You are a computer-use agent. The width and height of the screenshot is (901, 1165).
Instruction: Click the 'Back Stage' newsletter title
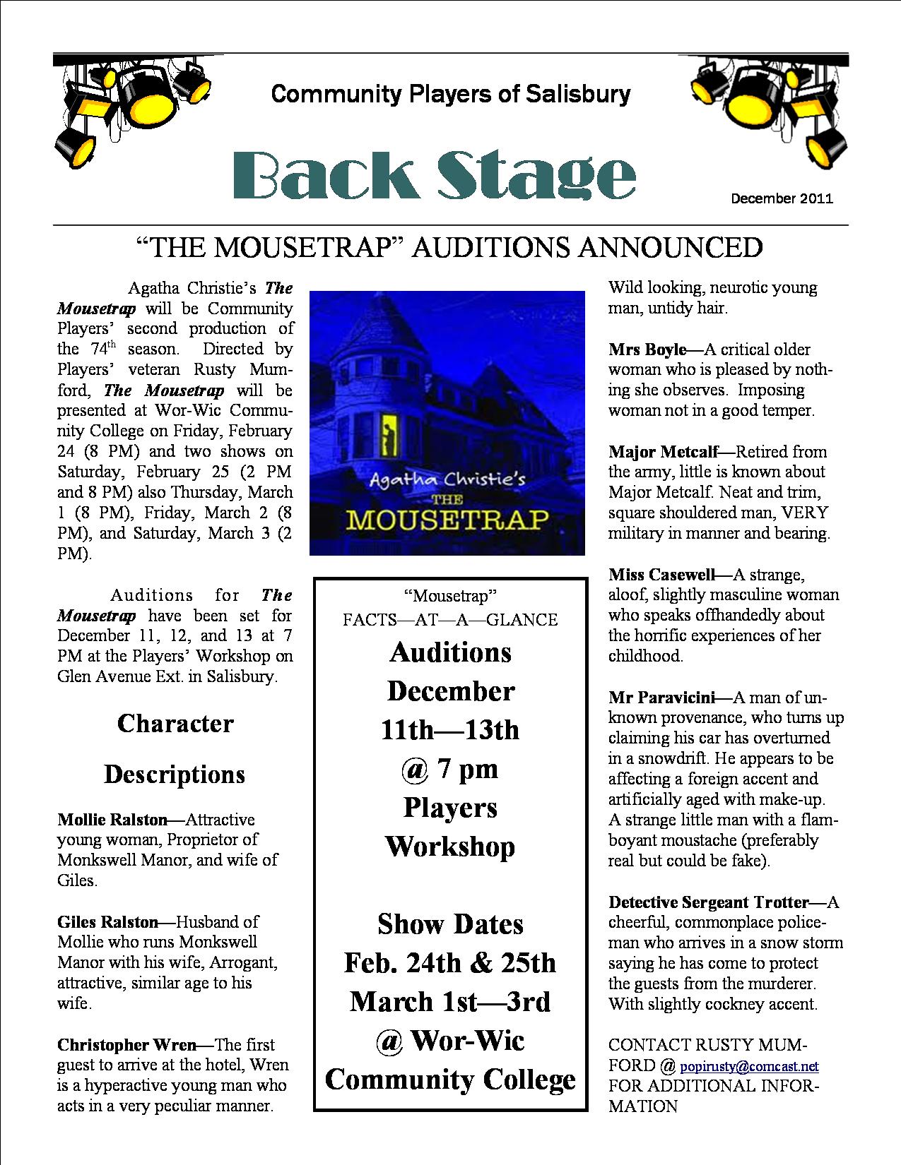(x=434, y=174)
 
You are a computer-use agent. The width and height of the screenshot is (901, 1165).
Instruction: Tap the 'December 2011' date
(x=782, y=198)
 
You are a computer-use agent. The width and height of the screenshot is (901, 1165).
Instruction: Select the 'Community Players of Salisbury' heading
(x=451, y=93)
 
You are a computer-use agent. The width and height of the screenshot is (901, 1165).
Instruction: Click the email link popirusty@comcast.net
(x=748, y=1066)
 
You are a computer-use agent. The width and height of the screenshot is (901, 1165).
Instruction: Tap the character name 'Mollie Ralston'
(x=112, y=820)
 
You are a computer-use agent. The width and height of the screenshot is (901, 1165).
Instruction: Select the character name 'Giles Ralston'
(x=107, y=921)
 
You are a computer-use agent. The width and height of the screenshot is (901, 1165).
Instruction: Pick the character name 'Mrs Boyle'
(x=647, y=349)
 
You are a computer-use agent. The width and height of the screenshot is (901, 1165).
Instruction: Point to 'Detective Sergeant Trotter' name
(x=708, y=902)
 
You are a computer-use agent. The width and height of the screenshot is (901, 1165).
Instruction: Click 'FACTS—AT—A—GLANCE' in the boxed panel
(x=450, y=619)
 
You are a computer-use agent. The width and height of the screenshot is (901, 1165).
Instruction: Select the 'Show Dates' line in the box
(x=450, y=924)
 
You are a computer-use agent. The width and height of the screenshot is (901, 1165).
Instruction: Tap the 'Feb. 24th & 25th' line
(x=450, y=962)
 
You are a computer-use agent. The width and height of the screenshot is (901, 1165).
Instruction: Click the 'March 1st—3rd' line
(x=450, y=1001)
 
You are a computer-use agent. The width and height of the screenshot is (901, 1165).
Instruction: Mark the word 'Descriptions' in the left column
(x=175, y=775)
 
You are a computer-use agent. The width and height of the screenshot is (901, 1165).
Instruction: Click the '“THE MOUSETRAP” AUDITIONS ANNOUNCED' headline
(x=449, y=247)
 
